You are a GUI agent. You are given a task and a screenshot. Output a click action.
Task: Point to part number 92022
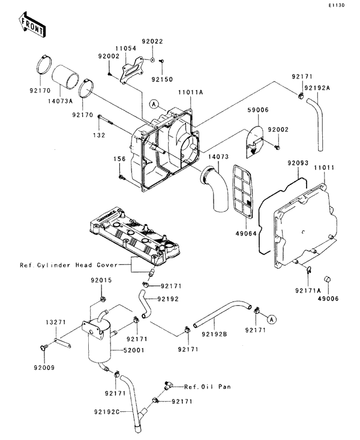[x=152, y=41]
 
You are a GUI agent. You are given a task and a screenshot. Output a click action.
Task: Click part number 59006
[x=256, y=110]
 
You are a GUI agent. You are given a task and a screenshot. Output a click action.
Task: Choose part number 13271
[x=56, y=323]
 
